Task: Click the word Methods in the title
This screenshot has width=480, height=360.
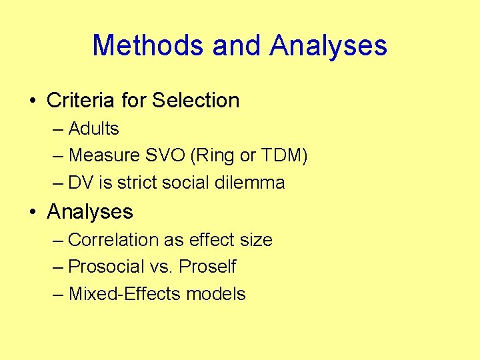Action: tap(147, 45)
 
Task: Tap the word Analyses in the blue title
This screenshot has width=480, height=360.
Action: tap(328, 45)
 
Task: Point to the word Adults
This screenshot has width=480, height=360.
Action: tap(93, 128)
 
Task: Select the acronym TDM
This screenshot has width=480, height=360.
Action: tap(283, 155)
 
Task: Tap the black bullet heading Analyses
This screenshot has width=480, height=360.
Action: tap(90, 212)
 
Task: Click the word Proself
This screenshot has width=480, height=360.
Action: tap(207, 267)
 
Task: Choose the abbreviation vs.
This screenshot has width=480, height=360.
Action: tap(165, 267)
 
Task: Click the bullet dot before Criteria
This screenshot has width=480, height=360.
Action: tap(32, 101)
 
